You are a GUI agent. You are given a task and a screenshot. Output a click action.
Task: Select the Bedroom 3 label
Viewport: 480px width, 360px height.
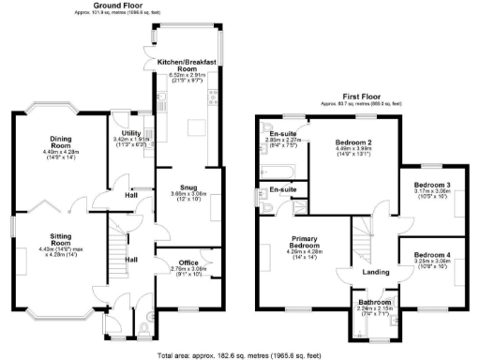click(x=433, y=186)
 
